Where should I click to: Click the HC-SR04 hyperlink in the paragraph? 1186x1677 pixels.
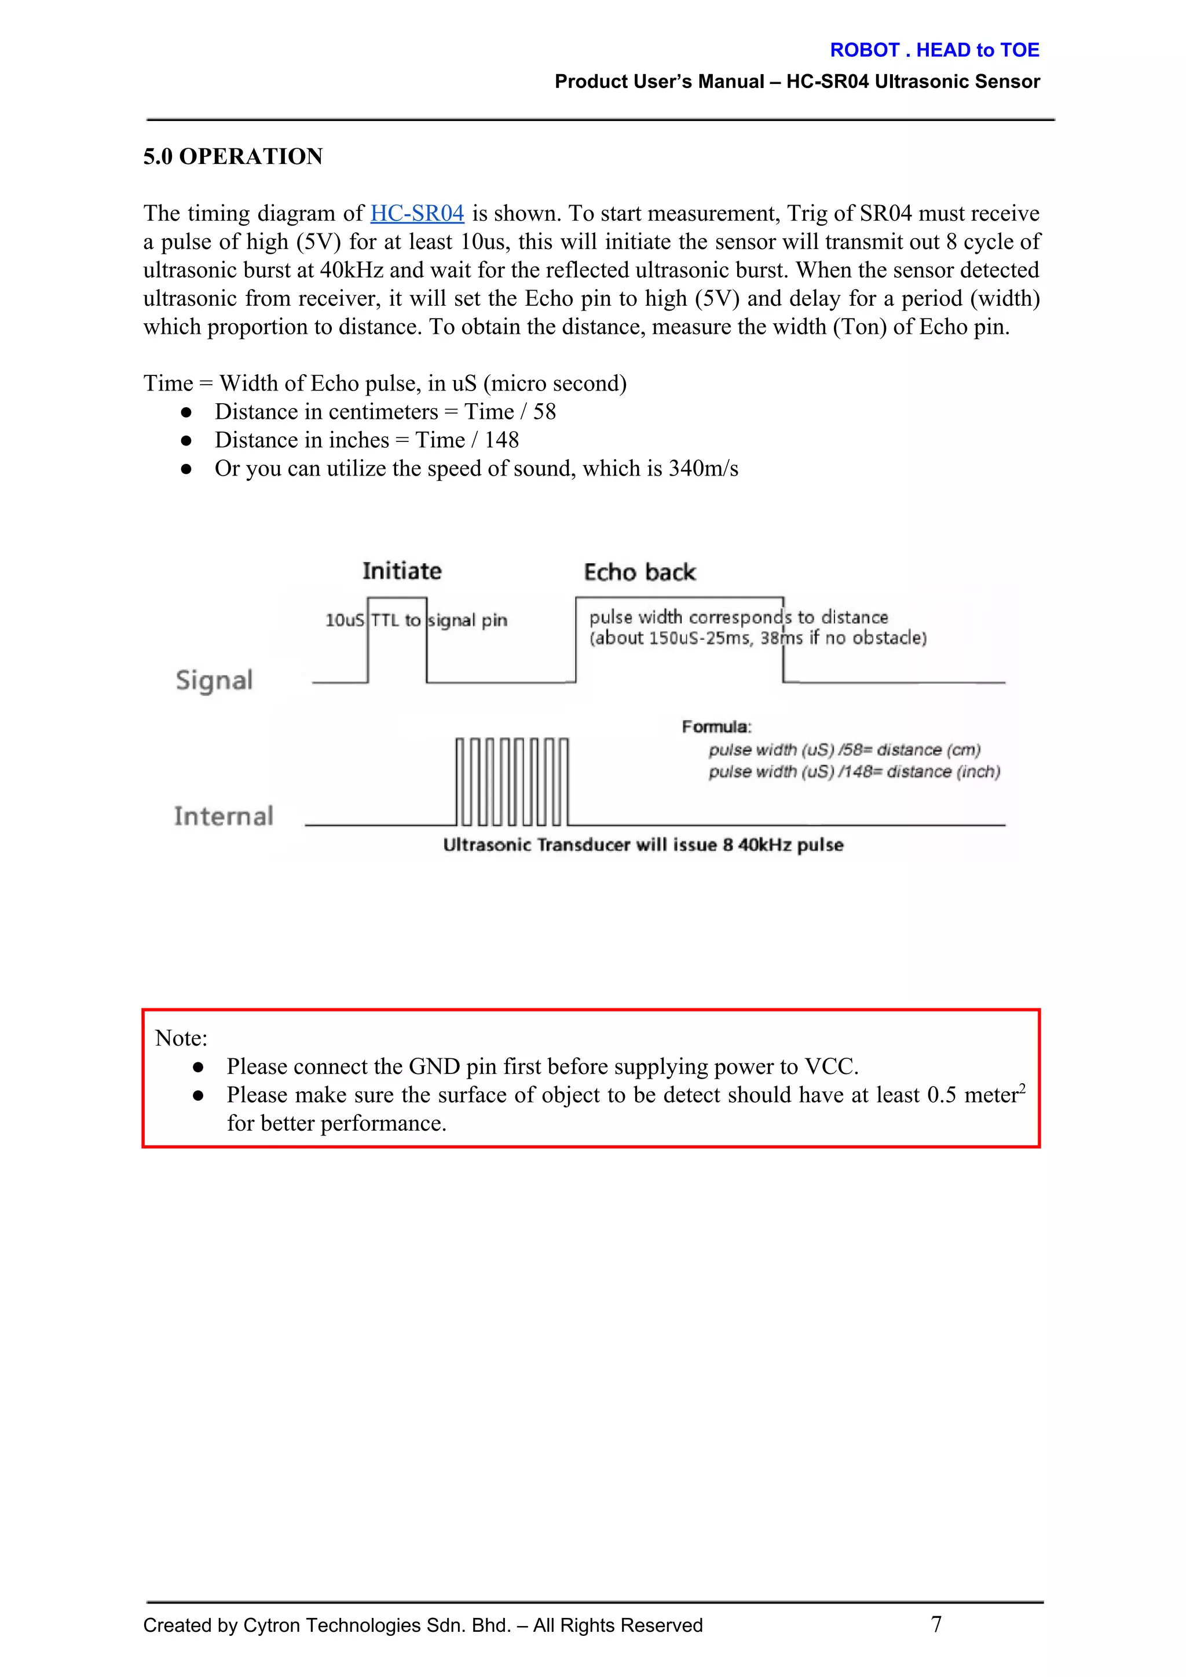click(417, 213)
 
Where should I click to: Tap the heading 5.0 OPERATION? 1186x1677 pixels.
click(233, 156)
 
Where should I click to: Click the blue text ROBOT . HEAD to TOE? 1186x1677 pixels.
click(934, 50)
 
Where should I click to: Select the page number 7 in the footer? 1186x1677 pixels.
click(936, 1624)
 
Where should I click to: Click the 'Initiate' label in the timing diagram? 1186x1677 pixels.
click(402, 571)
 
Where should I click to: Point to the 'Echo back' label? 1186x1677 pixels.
click(640, 572)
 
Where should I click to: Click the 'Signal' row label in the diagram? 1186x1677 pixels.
click(214, 680)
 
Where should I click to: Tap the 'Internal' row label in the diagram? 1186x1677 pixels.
click(224, 816)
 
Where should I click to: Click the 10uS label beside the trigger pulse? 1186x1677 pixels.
click(344, 620)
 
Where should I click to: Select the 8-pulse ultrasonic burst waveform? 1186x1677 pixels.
click(511, 781)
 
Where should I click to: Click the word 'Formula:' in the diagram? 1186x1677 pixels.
click(716, 727)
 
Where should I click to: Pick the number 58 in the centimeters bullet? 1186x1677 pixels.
click(544, 412)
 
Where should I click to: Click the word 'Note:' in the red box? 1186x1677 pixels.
click(181, 1038)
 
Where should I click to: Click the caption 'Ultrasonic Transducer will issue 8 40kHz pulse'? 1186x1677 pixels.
click(643, 845)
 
